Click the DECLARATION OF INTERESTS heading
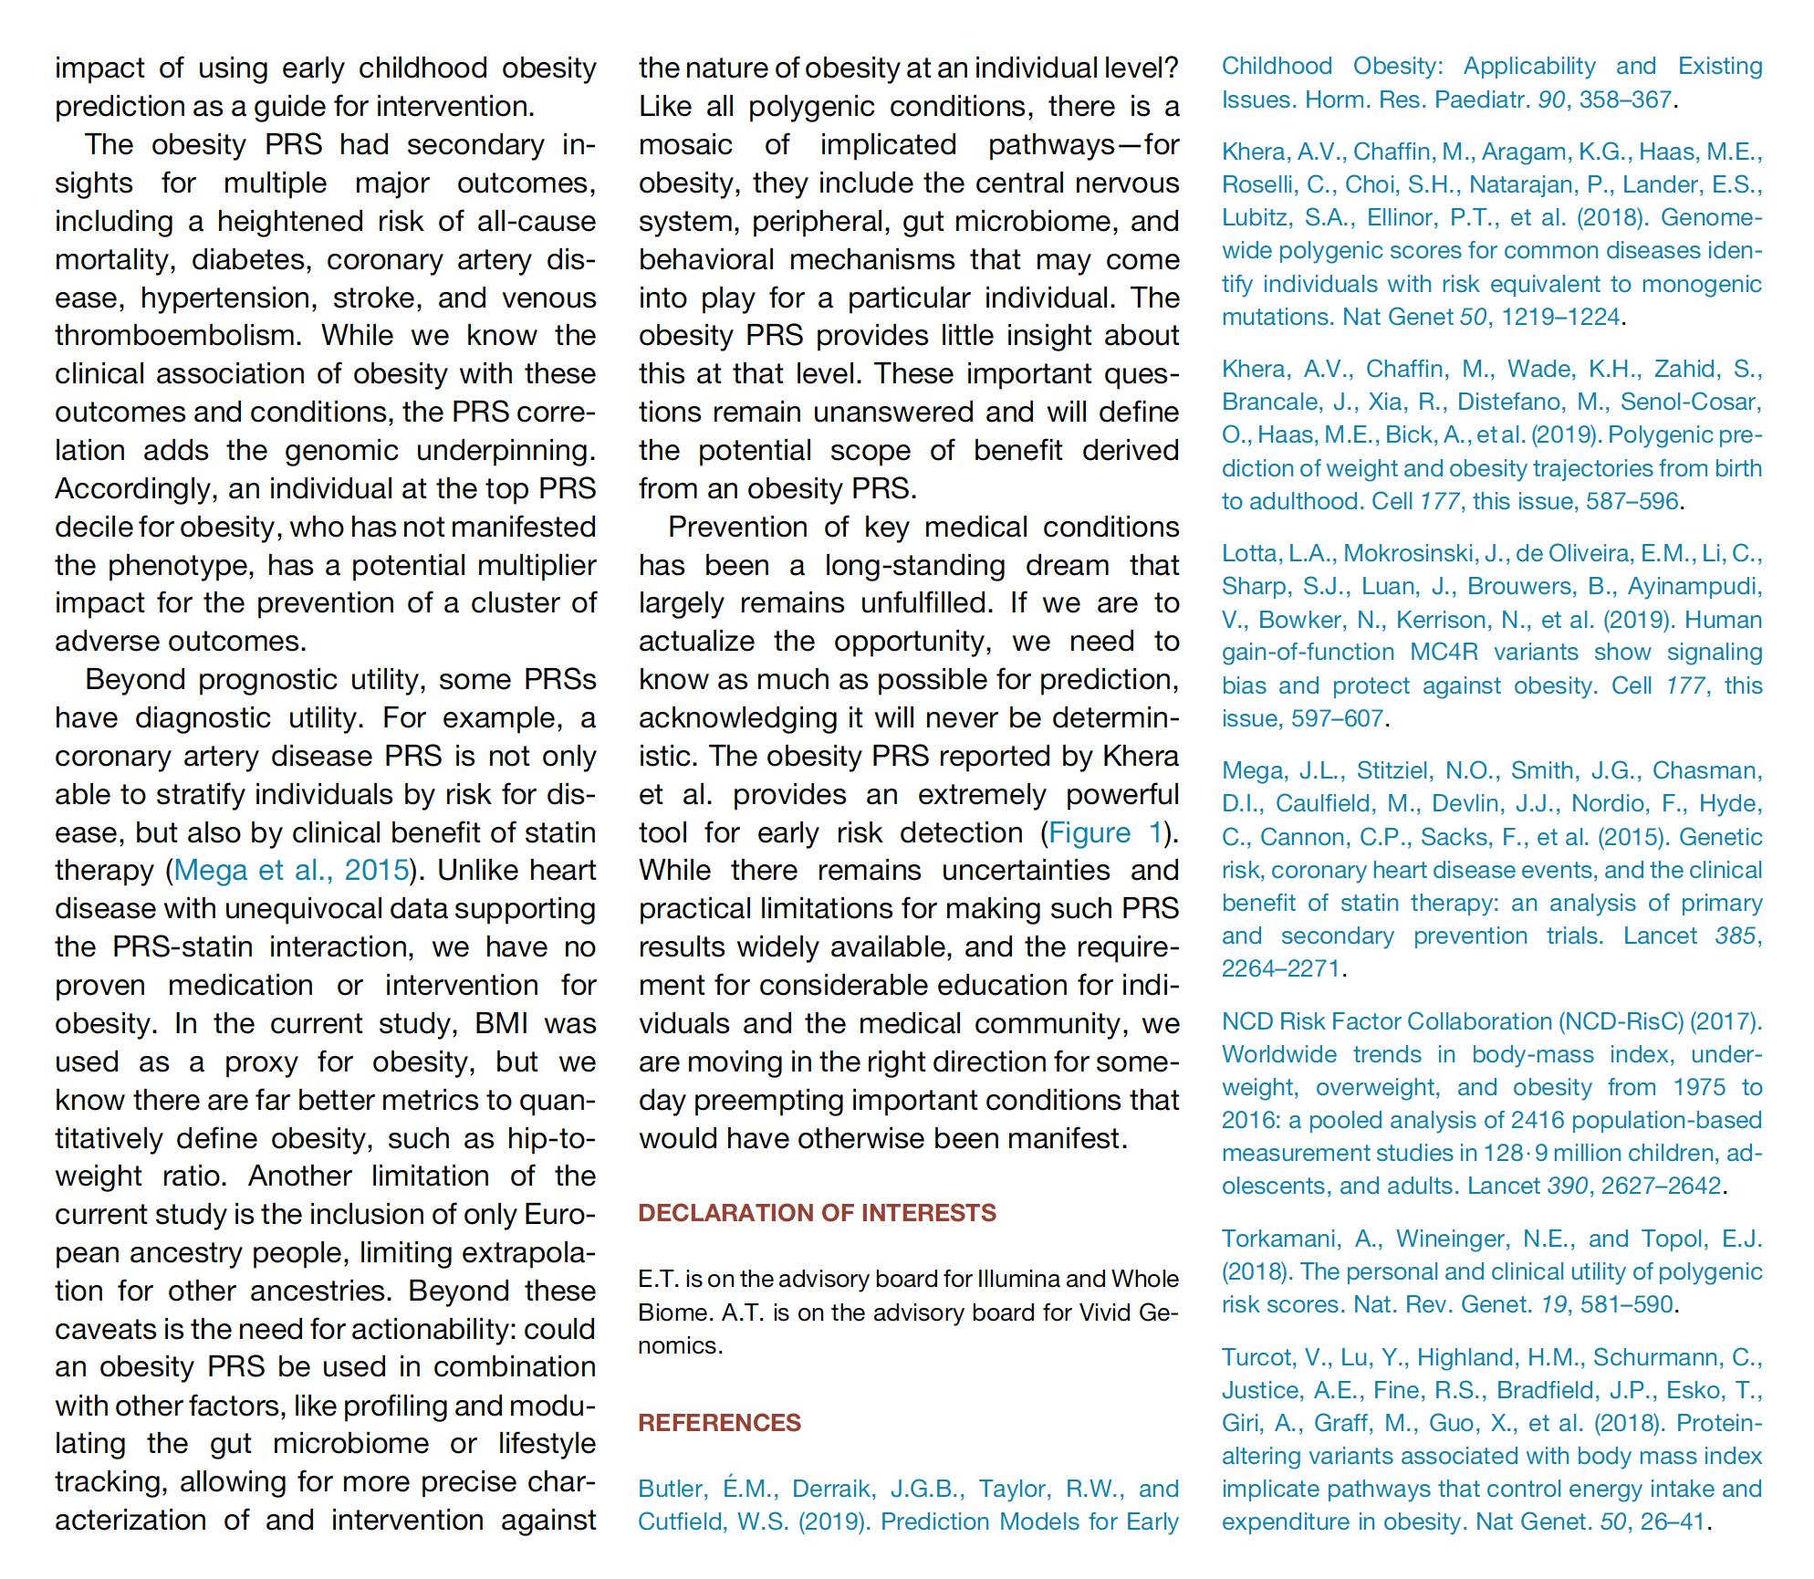point(817,1213)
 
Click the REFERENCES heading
point(719,1423)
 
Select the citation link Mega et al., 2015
point(291,870)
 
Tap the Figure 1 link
point(1106,832)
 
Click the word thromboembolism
point(176,335)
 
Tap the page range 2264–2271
point(1280,968)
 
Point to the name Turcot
point(1257,1357)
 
